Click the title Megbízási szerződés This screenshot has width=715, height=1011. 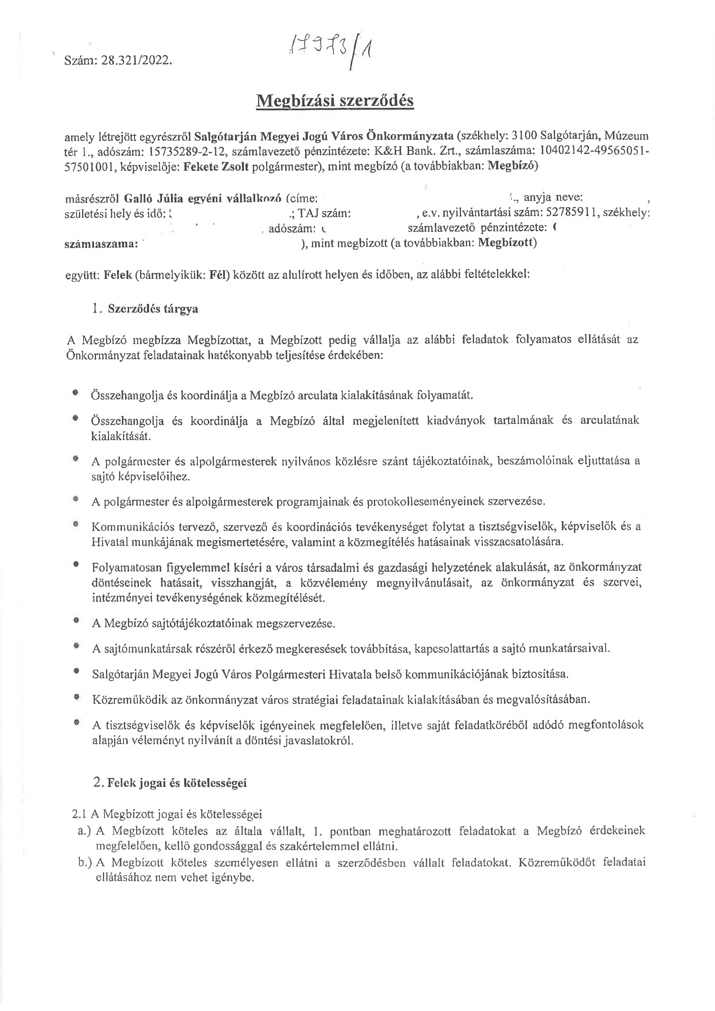coord(335,101)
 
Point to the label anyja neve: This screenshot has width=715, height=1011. coord(553,198)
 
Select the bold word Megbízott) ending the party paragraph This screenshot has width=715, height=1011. coord(507,242)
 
